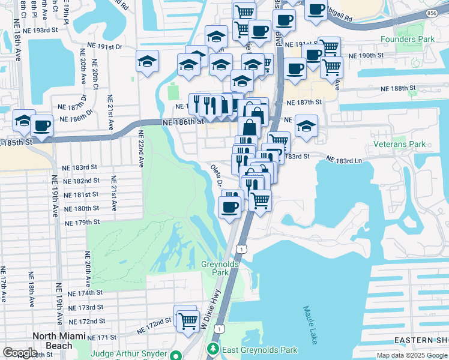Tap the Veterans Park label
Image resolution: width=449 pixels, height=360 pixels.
point(400,144)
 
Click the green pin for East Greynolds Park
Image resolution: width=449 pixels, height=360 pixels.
point(212,349)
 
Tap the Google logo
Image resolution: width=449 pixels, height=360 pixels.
point(20,353)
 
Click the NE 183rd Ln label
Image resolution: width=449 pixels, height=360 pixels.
point(345,160)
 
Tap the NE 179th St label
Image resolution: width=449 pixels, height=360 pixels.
point(83,222)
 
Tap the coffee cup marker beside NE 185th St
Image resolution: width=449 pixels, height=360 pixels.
point(42,125)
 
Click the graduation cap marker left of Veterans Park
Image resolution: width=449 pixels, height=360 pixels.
point(306,126)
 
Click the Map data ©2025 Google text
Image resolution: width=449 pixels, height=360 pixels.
point(411,355)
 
